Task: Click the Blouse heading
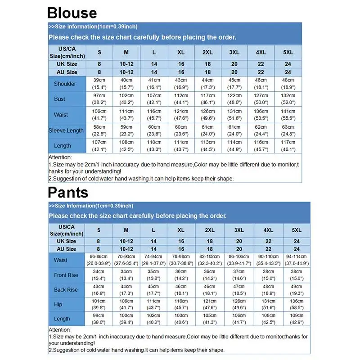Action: (72, 12)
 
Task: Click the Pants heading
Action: (68, 192)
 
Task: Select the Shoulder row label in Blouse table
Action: (65, 84)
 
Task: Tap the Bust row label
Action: (59, 99)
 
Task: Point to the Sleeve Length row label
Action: (66, 130)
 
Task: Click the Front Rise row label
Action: (66, 275)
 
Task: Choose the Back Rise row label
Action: (66, 290)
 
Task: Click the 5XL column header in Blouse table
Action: (288, 52)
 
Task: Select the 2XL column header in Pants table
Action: (210, 230)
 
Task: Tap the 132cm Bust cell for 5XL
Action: (288, 99)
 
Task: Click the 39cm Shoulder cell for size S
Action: (99, 83)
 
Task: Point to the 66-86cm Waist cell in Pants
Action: (99, 260)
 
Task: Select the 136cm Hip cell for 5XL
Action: (297, 305)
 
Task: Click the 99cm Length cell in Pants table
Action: (99, 319)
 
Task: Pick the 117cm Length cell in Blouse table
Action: (288, 146)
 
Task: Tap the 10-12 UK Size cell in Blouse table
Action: (126, 64)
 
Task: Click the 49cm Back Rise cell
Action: (297, 290)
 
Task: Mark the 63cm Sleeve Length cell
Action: (288, 130)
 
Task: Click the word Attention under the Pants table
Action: (60, 330)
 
